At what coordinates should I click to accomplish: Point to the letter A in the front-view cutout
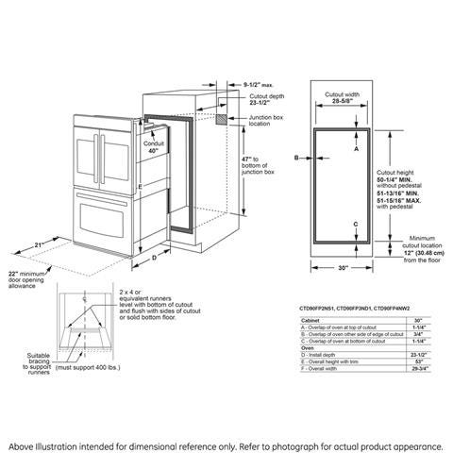(x=355, y=149)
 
